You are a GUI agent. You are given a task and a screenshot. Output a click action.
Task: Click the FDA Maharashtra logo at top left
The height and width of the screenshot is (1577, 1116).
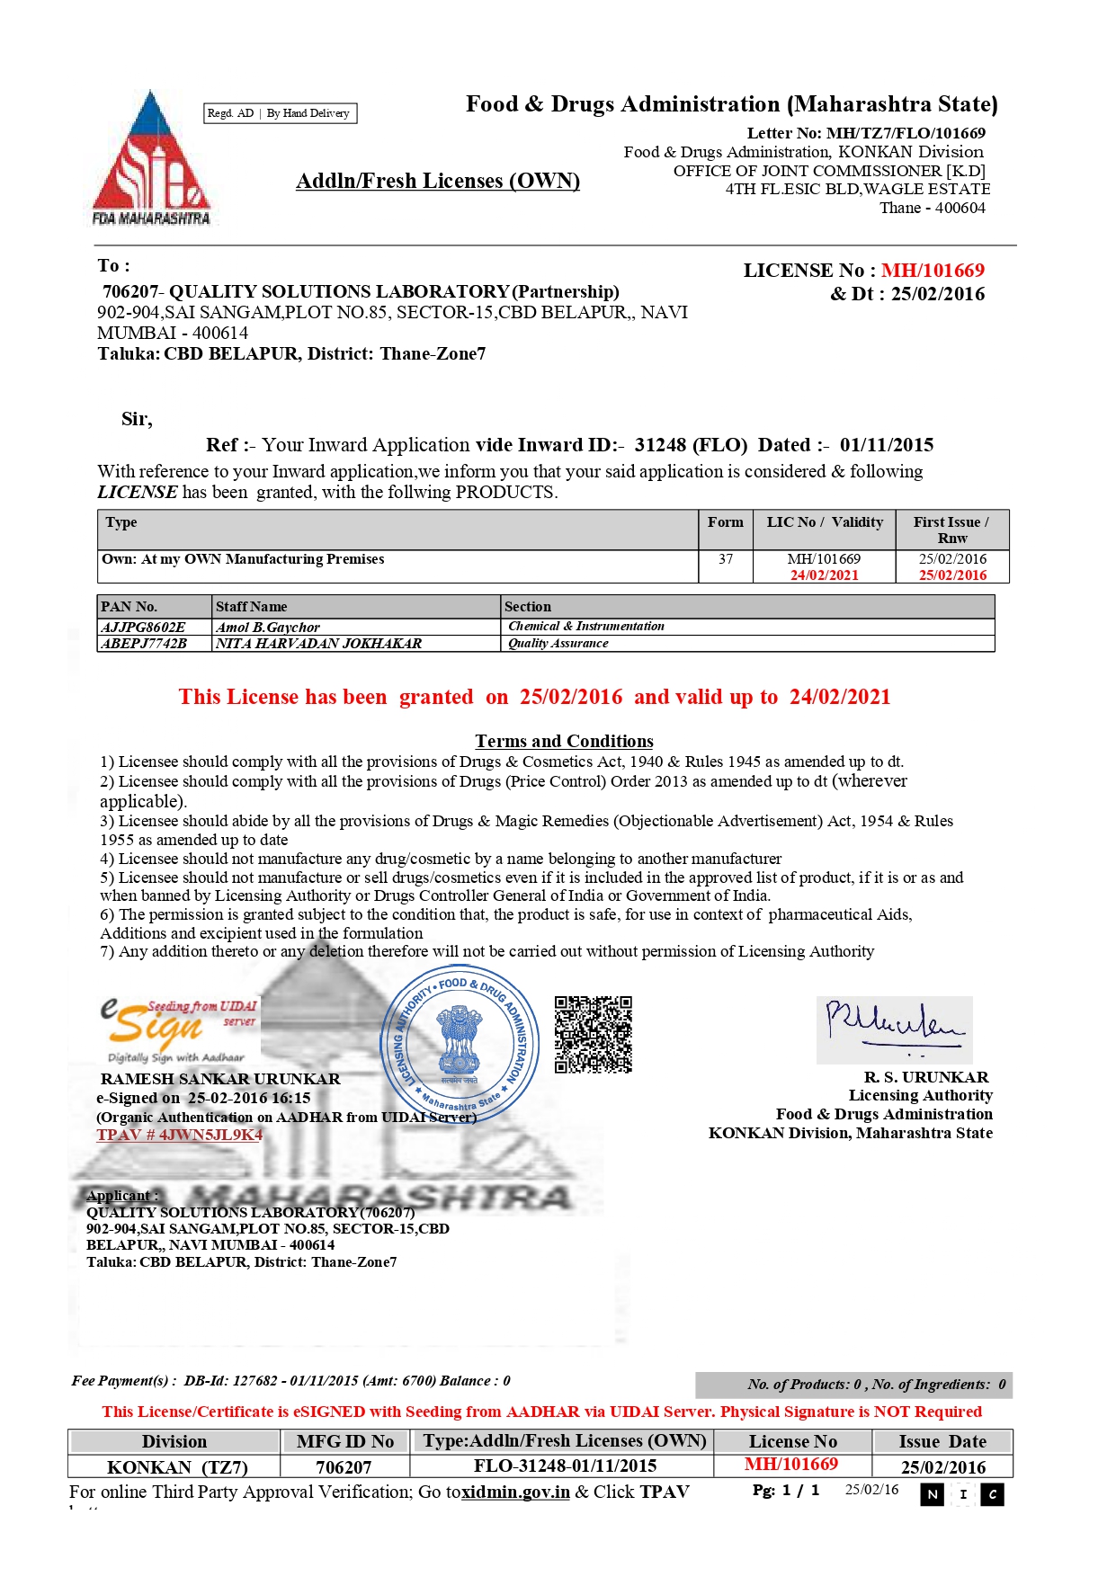tap(151, 158)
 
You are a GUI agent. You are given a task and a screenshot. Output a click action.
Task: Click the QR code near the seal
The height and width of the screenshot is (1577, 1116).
tap(593, 1034)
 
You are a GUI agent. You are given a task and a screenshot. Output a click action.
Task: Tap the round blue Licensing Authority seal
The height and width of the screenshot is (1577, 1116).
tap(460, 1044)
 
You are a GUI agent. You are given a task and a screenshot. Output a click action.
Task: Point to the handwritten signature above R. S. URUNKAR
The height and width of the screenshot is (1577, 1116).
tap(894, 1029)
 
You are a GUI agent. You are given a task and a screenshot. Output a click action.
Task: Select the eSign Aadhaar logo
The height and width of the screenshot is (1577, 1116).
tap(178, 1030)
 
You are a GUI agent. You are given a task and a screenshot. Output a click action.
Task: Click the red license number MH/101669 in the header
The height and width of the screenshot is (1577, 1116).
tap(933, 271)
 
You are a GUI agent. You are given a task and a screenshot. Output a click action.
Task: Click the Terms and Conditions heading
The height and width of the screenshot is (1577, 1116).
tap(564, 741)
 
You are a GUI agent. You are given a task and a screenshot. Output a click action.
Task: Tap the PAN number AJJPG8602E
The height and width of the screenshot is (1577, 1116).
tap(144, 627)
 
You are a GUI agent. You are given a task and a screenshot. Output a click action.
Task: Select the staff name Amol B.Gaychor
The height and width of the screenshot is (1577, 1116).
tap(268, 627)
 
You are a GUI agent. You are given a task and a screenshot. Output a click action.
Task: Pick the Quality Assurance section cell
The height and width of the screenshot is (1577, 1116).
tap(558, 643)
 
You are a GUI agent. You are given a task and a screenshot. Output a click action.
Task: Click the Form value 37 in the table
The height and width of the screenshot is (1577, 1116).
tap(725, 559)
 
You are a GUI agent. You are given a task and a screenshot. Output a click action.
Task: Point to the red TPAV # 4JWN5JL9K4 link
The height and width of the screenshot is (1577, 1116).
tap(179, 1135)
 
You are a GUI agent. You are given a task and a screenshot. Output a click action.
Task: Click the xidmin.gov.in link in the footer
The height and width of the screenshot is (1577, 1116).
tap(515, 1492)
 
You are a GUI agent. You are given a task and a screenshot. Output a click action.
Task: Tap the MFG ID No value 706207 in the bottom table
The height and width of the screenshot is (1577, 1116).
tap(344, 1466)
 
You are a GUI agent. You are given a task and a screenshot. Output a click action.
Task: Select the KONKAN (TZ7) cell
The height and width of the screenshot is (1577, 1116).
tap(177, 1466)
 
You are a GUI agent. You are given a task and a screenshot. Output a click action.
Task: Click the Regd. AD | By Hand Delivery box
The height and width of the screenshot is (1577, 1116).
tap(280, 113)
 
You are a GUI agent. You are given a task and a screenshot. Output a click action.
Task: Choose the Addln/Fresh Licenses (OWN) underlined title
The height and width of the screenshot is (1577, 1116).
tap(438, 181)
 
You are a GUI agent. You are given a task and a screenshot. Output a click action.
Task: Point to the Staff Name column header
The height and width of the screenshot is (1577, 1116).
tap(252, 607)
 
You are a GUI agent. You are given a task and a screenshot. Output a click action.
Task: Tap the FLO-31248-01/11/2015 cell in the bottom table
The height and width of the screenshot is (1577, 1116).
tap(565, 1466)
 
